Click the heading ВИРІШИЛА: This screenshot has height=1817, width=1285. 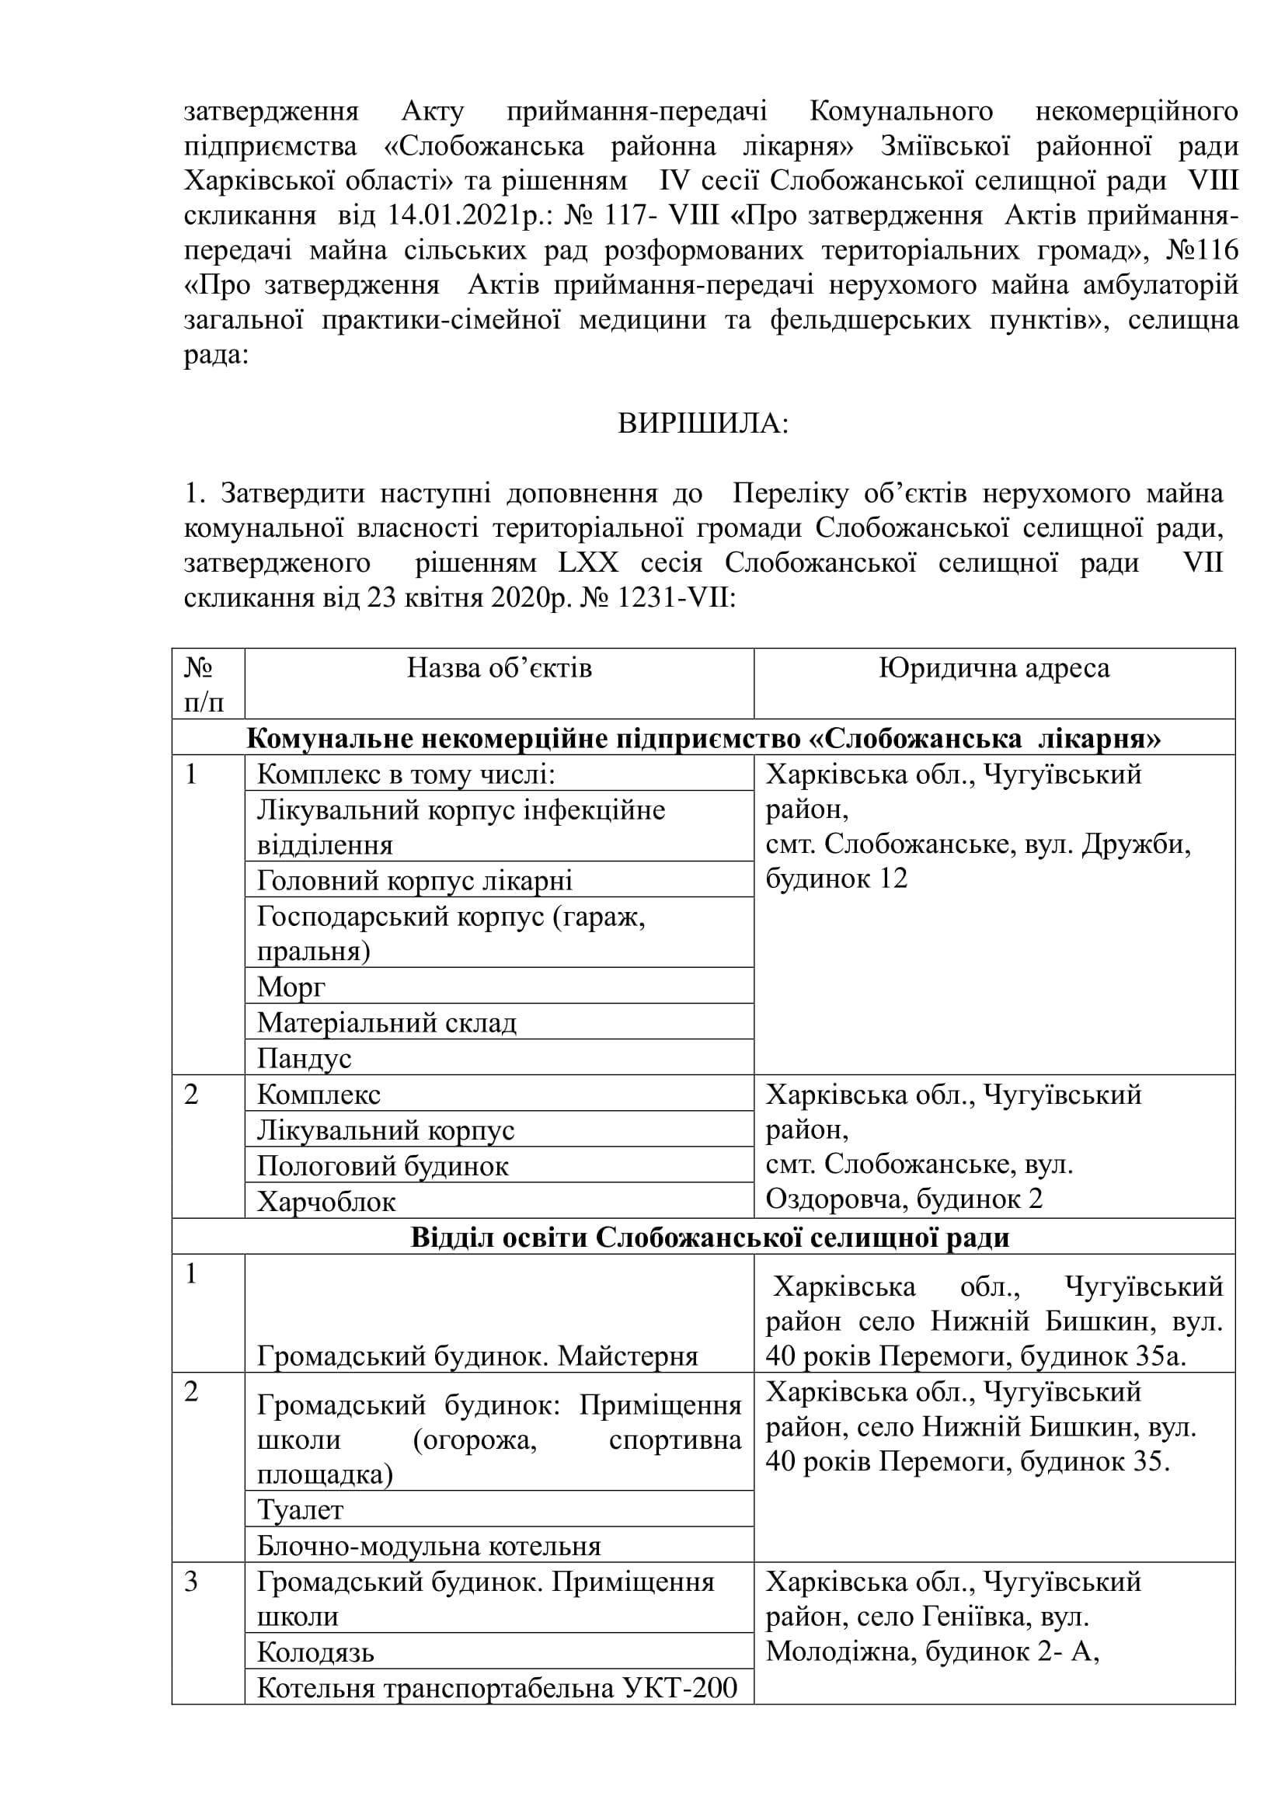coord(702,425)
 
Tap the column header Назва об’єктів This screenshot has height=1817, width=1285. coord(500,669)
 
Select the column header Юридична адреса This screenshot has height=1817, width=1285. coord(994,669)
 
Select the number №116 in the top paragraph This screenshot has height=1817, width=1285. coord(1202,251)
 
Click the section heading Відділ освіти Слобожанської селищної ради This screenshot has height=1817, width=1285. coord(710,1237)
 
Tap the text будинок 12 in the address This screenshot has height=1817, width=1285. coord(837,879)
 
